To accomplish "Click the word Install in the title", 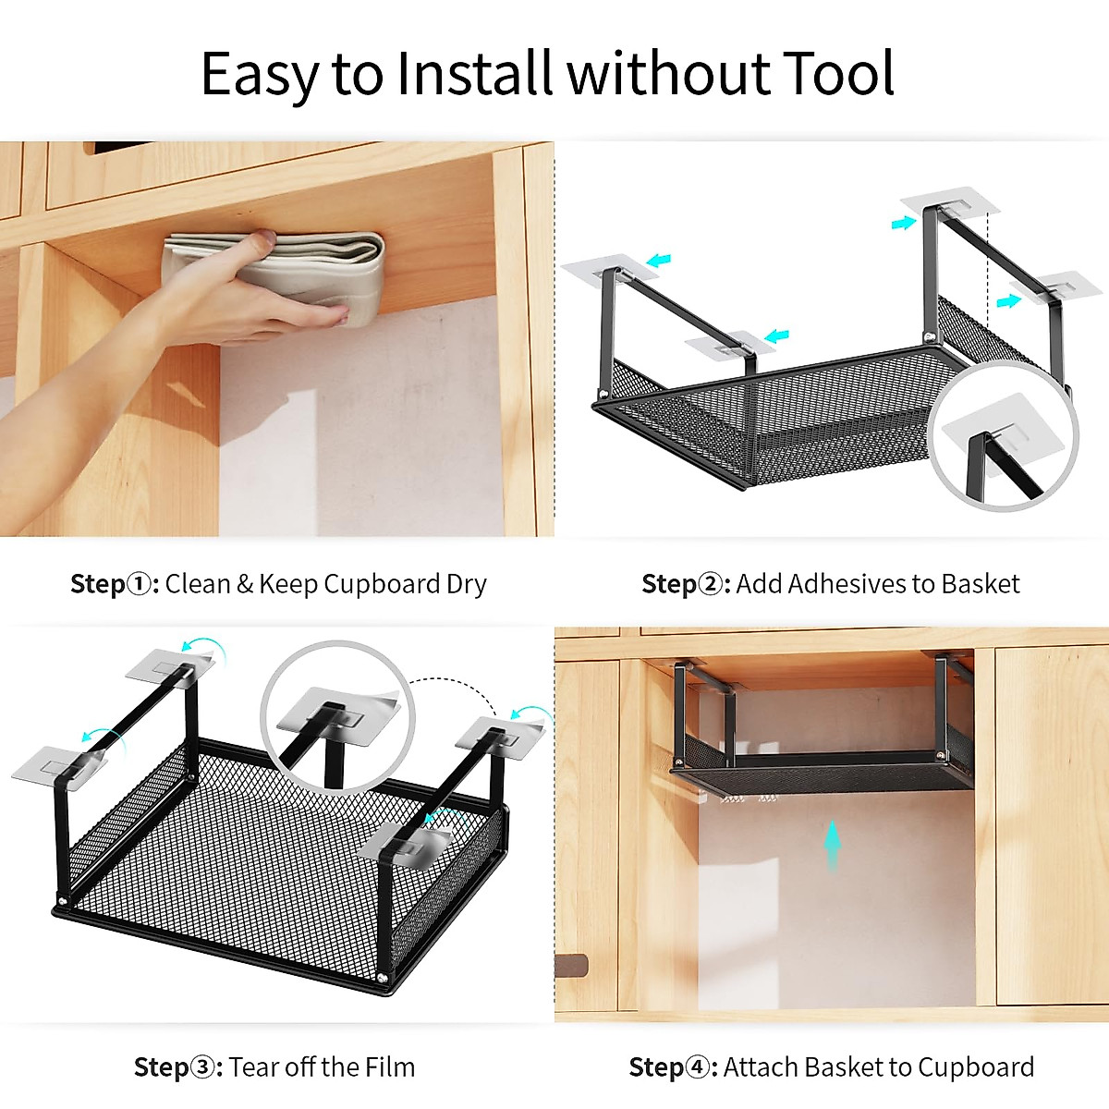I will coord(476,74).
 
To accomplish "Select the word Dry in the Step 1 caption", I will coord(466,584).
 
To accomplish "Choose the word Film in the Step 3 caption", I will coord(389,1067).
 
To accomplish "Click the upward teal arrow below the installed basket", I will coord(833,846).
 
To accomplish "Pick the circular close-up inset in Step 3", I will coord(338,716).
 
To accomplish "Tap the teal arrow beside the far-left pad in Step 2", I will coord(659,262).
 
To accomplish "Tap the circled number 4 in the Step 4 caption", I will coord(698,1067).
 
